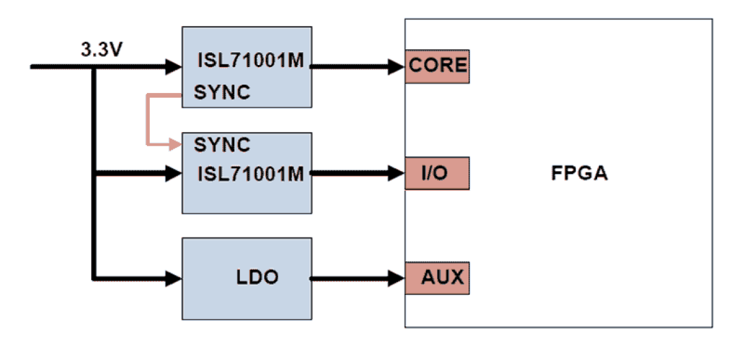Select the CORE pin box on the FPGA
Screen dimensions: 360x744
coord(437,66)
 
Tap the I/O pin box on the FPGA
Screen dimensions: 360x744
coord(437,173)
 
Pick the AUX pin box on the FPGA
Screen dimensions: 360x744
coord(437,278)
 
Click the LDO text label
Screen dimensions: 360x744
coord(255,278)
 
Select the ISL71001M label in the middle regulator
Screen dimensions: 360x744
coord(251,174)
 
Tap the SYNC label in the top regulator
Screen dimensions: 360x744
coord(222,92)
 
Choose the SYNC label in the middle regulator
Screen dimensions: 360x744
coord(222,144)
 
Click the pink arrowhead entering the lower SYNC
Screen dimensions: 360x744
coord(175,144)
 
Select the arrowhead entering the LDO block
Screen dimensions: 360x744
coord(174,278)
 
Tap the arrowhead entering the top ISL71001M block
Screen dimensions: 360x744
coord(174,66)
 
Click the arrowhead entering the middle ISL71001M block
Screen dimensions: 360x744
coord(174,173)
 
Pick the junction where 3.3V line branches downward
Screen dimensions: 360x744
coord(94,67)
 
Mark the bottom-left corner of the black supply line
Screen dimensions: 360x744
coord(94,278)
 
